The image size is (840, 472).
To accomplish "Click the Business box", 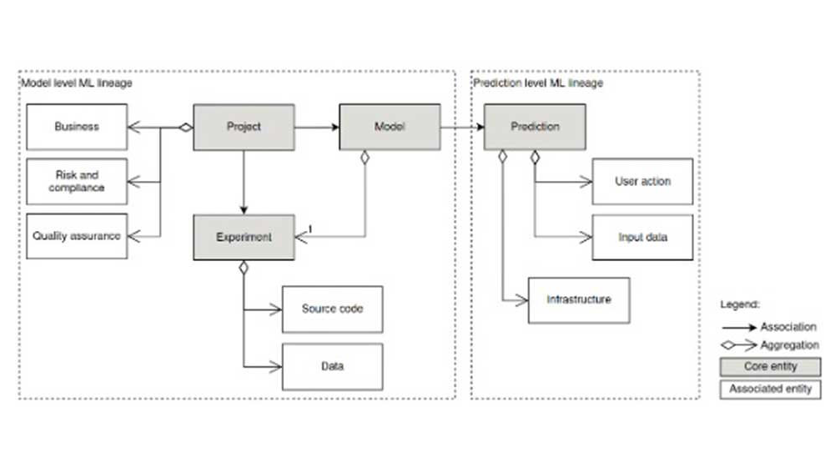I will [77, 127].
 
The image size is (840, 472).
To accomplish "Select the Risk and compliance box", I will [77, 181].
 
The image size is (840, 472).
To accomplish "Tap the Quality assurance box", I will [77, 236].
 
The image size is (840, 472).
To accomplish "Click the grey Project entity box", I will [244, 127].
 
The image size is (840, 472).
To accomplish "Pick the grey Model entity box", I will [390, 127].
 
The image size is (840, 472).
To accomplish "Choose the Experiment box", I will [244, 237].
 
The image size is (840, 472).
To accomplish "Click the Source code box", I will [332, 309].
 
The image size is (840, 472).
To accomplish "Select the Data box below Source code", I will [332, 366].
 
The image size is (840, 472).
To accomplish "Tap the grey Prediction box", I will [535, 127].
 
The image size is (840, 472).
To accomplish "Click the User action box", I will [642, 181].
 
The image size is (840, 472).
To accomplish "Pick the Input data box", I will [642, 237].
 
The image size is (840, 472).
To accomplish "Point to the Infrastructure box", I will [578, 299].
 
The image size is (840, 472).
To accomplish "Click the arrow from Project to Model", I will [316, 127].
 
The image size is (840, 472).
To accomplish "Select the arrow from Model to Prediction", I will [462, 127].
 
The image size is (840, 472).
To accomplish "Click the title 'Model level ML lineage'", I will [76, 83].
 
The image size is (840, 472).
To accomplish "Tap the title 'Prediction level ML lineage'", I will [538, 83].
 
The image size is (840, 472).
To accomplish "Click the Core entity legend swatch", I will [770, 367].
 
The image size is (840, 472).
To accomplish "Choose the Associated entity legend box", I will [770, 389].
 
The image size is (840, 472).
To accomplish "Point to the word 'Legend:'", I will [741, 305].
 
